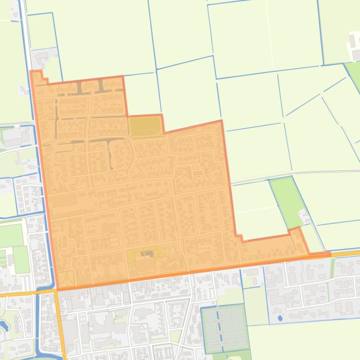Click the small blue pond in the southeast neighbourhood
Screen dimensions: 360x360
pyautogui.click(x=280, y=318)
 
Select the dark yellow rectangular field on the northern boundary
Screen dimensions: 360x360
pyautogui.click(x=144, y=126)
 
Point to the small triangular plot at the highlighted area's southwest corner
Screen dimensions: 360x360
pyautogui.click(x=66, y=279)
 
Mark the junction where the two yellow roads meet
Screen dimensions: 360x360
pyautogui.click(x=56, y=291)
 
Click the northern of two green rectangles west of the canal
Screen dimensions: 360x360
pyautogui.click(x=10, y=235)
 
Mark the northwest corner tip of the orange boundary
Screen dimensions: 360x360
pyautogui.click(x=31, y=72)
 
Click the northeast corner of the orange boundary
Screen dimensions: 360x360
pyautogui.click(x=221, y=121)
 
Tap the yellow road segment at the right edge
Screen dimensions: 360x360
pyautogui.click(x=346, y=253)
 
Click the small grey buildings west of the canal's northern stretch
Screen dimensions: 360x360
pyautogui.click(x=23, y=90)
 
